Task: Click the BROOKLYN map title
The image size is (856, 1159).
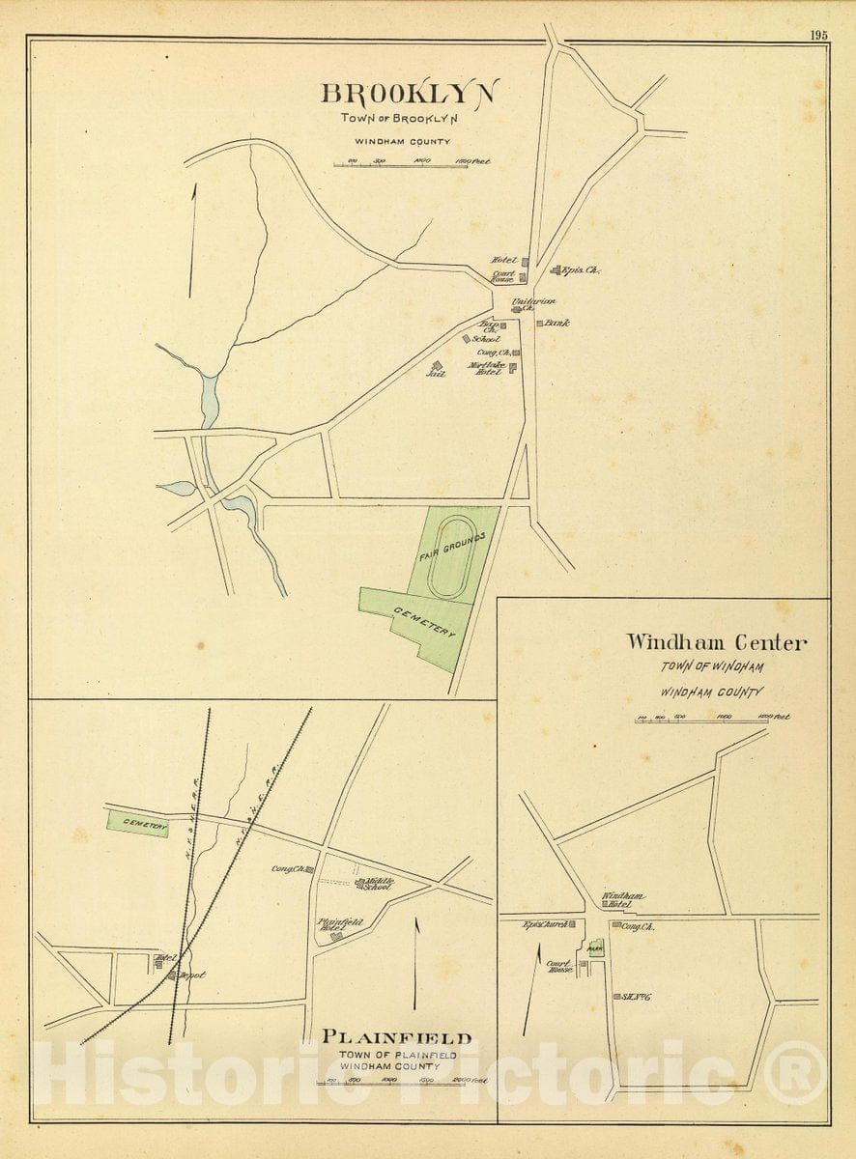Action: pyautogui.click(x=410, y=94)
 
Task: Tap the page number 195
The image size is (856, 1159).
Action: pyautogui.click(x=818, y=35)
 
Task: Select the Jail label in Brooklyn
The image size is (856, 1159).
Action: pyautogui.click(x=435, y=373)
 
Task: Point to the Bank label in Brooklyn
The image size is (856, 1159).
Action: pyautogui.click(x=556, y=323)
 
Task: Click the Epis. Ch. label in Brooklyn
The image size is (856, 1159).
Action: pyautogui.click(x=581, y=271)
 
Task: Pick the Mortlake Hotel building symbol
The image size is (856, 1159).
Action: pyautogui.click(x=513, y=367)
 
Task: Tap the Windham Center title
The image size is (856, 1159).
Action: pyautogui.click(x=715, y=642)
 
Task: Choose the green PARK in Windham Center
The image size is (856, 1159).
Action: pyautogui.click(x=596, y=948)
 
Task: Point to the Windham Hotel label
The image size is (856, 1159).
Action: pyautogui.click(x=623, y=899)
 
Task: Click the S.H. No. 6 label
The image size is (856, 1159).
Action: pyautogui.click(x=634, y=996)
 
